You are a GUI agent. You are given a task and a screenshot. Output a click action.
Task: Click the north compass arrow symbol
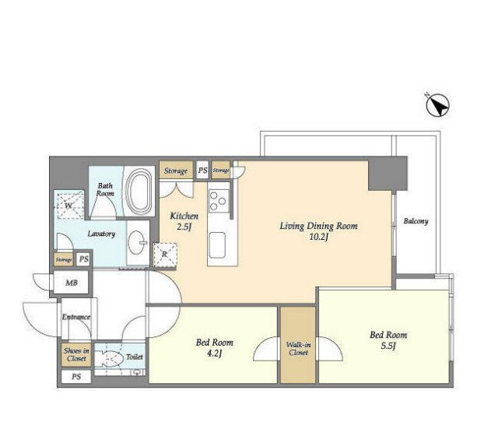[437, 105]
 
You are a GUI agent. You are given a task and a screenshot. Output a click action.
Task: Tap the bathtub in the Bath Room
[138, 191]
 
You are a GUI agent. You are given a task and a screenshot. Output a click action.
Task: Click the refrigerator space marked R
[165, 255]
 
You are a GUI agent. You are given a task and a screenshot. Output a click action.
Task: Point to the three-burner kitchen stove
[219, 201]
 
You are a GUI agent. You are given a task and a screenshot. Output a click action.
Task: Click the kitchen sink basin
[217, 245]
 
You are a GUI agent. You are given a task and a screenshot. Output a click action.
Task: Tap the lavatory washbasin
[138, 243]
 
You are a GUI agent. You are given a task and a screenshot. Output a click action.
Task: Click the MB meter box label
[72, 283]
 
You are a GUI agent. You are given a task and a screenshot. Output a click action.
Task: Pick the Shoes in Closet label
[76, 354]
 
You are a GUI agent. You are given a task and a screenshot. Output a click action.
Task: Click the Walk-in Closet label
[299, 349]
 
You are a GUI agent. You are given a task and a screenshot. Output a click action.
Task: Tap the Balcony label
[416, 221]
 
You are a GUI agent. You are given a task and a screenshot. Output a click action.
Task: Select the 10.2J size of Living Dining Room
[318, 237]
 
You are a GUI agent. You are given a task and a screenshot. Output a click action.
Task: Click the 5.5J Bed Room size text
[388, 346]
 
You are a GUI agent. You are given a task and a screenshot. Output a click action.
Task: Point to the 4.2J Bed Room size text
[215, 353]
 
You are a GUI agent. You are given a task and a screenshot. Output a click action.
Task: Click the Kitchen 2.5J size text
[184, 227]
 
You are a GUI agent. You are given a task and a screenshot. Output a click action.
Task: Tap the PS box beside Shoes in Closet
[76, 377]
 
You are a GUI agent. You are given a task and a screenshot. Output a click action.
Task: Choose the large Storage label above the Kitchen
[176, 171]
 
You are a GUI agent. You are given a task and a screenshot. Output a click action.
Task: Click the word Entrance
[76, 317]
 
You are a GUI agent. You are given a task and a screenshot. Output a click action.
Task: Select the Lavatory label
[101, 234]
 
